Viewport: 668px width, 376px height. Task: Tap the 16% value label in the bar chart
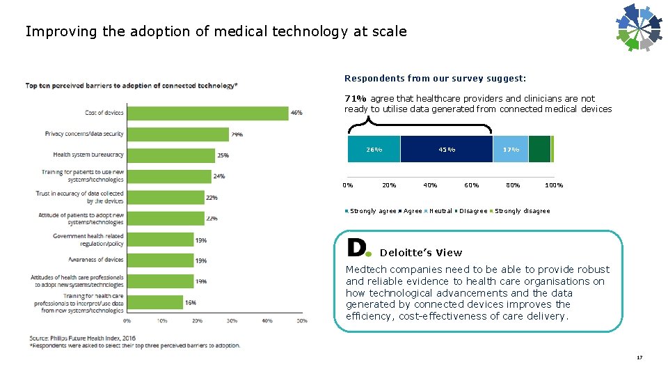coord(191,303)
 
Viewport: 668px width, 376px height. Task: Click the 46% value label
coord(296,113)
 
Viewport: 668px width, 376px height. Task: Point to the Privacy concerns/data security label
coord(84,134)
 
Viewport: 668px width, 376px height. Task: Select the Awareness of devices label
coord(96,260)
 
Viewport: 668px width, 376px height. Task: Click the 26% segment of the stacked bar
coord(374,149)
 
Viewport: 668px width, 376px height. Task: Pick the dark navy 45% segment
coord(447,149)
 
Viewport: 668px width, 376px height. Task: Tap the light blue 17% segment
coord(511,149)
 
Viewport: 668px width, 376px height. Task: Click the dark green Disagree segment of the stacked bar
coord(539,149)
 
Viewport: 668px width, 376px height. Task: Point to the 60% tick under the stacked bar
coord(472,185)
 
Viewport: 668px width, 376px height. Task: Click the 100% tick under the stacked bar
coord(554,185)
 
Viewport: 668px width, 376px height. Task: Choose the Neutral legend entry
coord(440,211)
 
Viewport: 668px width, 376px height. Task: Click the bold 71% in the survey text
coord(356,99)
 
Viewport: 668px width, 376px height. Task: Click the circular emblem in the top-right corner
coord(639,28)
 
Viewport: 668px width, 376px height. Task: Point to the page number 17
coord(639,358)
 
